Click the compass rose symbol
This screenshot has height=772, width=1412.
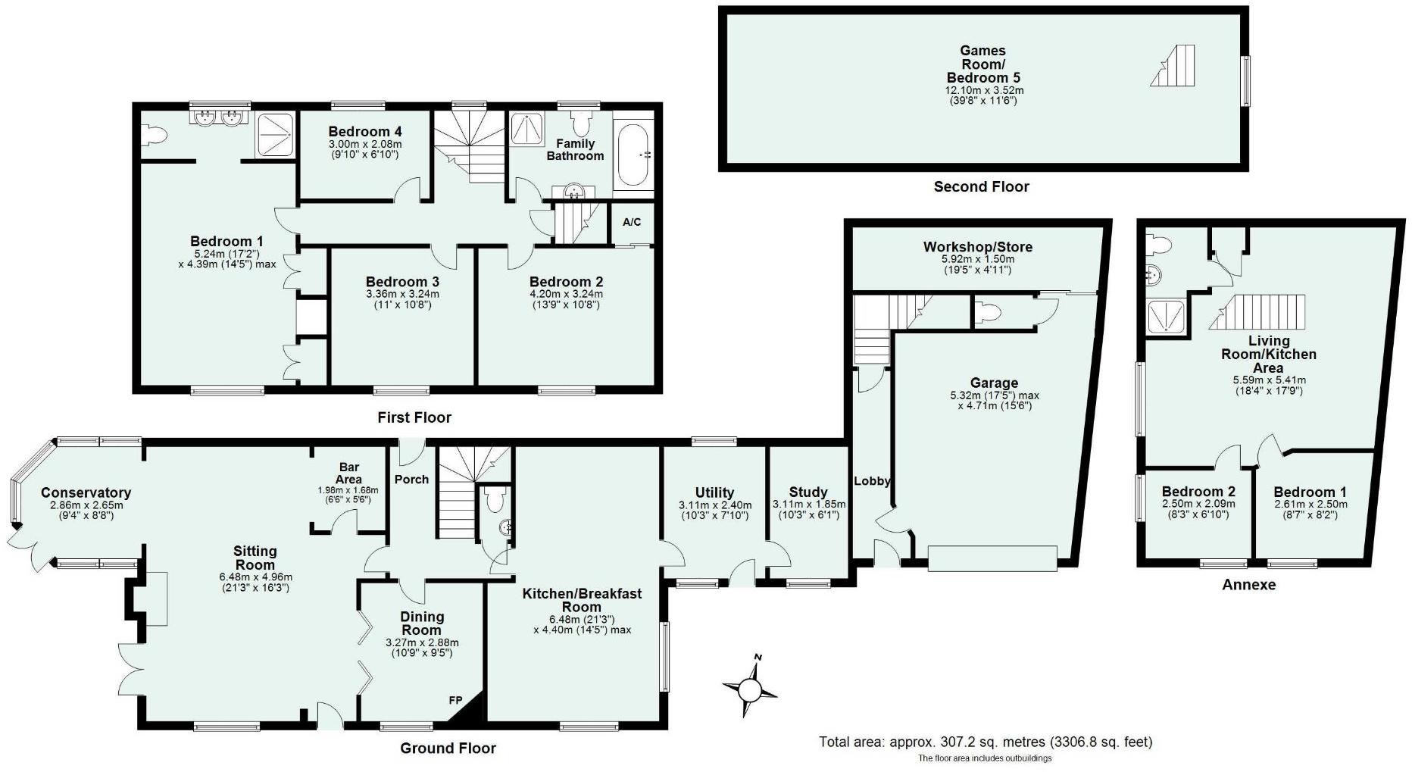(749, 689)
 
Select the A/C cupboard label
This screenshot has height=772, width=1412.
(632, 222)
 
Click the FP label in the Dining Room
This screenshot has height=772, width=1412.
(455, 701)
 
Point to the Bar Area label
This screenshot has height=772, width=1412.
(348, 474)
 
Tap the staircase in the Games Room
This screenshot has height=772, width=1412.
(1173, 65)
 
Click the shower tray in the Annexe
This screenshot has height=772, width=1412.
(1166, 317)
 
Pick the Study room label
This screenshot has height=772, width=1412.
(808, 492)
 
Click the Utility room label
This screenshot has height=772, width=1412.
(714, 492)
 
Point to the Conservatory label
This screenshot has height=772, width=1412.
(86, 493)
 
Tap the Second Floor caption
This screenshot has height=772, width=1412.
(981, 186)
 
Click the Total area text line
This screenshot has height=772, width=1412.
(986, 742)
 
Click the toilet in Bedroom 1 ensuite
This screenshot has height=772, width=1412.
(155, 136)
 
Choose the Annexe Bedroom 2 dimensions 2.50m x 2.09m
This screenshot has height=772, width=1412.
(1198, 504)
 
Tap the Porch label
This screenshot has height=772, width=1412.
(411, 480)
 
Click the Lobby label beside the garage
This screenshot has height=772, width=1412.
(872, 481)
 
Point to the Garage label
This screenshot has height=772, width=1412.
(994, 383)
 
